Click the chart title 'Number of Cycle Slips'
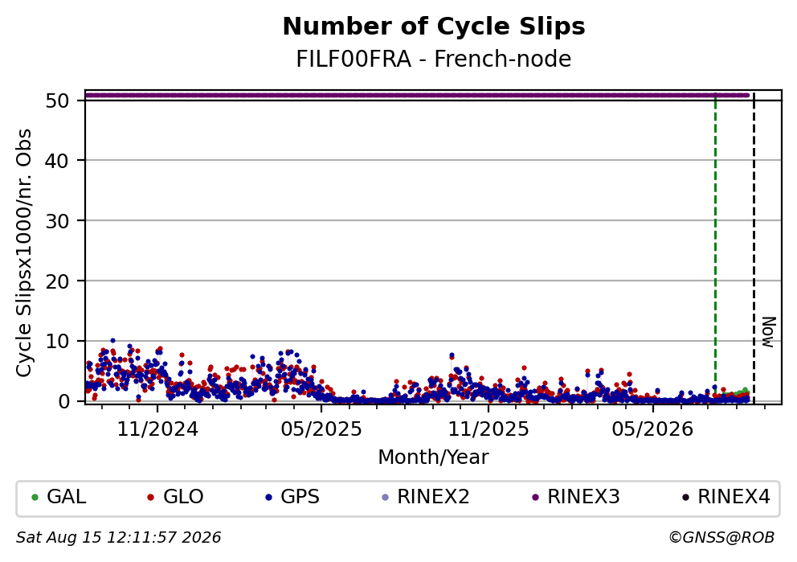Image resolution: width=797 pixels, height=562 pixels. coord(434,27)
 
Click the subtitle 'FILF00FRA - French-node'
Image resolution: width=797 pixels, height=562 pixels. coord(434,59)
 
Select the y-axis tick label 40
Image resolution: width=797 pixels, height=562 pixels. coord(57,161)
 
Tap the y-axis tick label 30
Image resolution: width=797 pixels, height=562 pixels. coord(57,221)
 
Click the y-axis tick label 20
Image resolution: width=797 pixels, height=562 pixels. coord(57,281)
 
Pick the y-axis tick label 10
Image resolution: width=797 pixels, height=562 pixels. coord(57,341)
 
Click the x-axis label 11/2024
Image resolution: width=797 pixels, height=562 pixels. coord(157,429)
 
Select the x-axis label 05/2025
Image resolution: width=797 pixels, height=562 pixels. coord(321,429)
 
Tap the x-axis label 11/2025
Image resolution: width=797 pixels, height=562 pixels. coord(488,429)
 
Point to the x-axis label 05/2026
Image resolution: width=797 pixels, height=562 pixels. coord(652,429)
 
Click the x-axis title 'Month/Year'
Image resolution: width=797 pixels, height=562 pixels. coord(433,457)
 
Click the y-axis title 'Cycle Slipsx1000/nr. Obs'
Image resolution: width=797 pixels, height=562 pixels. coord(24,252)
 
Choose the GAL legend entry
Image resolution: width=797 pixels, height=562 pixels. coord(59,497)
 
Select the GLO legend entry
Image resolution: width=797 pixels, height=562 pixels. coord(175,497)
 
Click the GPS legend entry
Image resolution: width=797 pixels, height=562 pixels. coord(292,497)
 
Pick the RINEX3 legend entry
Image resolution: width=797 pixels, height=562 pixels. coord(576,497)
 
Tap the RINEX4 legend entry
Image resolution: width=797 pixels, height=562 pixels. coord(726,497)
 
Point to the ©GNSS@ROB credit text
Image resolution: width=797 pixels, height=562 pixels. coord(721,537)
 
